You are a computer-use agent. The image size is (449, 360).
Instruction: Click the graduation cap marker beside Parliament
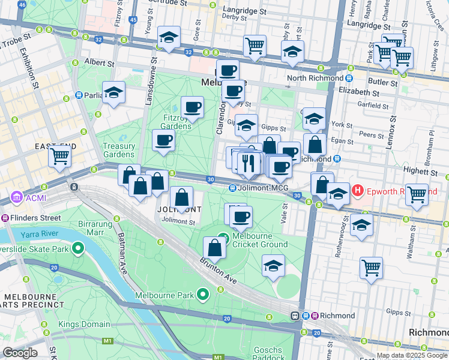pos(113,93)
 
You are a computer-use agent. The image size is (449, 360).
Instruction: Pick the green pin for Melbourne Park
pos(203,295)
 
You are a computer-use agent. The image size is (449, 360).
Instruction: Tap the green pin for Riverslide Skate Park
pos(77,247)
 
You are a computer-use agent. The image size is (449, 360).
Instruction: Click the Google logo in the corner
pos(20,353)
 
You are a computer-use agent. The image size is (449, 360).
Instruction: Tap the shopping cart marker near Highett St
pos(417,194)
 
